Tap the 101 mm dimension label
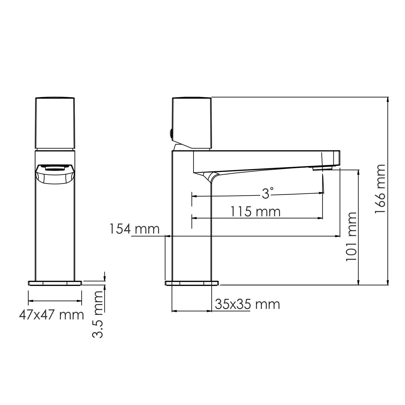tap(351, 237)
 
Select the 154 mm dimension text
tap(134, 229)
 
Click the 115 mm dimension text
tap(255, 211)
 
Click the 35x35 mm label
tap(247, 304)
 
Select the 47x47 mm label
tap(51, 315)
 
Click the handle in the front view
tap(55, 123)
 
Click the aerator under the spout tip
tap(322, 168)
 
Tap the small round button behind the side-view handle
tap(171, 133)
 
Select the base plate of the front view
tap(55, 283)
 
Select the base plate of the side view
tap(191, 283)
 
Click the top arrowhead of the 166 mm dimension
tap(388, 99)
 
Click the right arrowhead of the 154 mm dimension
tap(338, 236)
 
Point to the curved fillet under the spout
tap(209, 177)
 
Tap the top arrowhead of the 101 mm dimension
tap(359, 172)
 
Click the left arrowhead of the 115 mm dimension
tap(194, 218)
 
